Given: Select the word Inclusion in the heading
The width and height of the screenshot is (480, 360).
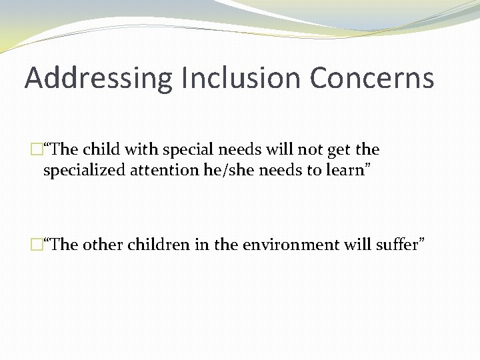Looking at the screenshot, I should pyautogui.click(x=227, y=77).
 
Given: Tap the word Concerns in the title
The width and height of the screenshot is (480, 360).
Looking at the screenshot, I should pyautogui.click(x=371, y=77).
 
